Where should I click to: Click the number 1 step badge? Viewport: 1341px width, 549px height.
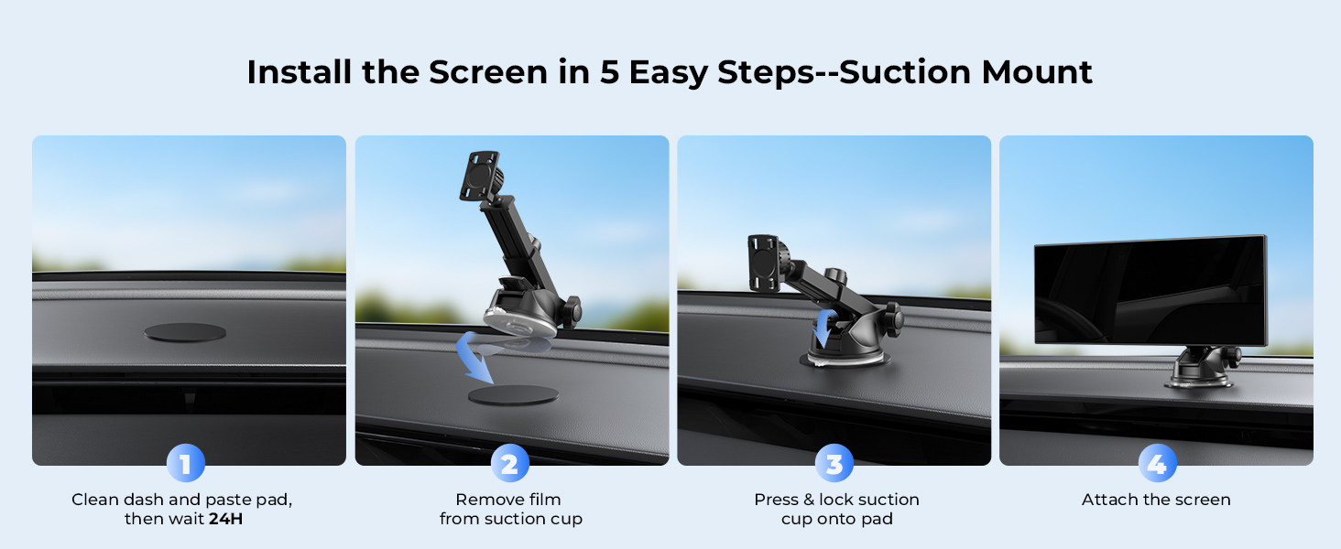point(186,463)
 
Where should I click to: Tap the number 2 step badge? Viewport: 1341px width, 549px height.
point(509,463)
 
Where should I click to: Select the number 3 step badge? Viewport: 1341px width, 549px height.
point(834,463)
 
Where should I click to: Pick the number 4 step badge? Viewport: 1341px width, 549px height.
point(1157,463)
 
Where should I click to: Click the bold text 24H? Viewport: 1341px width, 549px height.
point(225,519)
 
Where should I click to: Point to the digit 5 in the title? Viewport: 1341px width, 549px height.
point(609,72)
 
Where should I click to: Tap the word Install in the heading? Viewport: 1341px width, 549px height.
point(300,72)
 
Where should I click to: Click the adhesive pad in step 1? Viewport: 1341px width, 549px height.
point(185,332)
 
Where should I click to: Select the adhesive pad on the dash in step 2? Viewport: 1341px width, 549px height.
point(513,394)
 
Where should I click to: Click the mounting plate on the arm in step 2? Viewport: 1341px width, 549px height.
point(480,176)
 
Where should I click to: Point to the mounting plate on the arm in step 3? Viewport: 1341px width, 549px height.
point(763,263)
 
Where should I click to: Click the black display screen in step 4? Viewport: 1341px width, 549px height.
point(1150,291)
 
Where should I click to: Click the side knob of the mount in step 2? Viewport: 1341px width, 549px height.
point(571,312)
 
